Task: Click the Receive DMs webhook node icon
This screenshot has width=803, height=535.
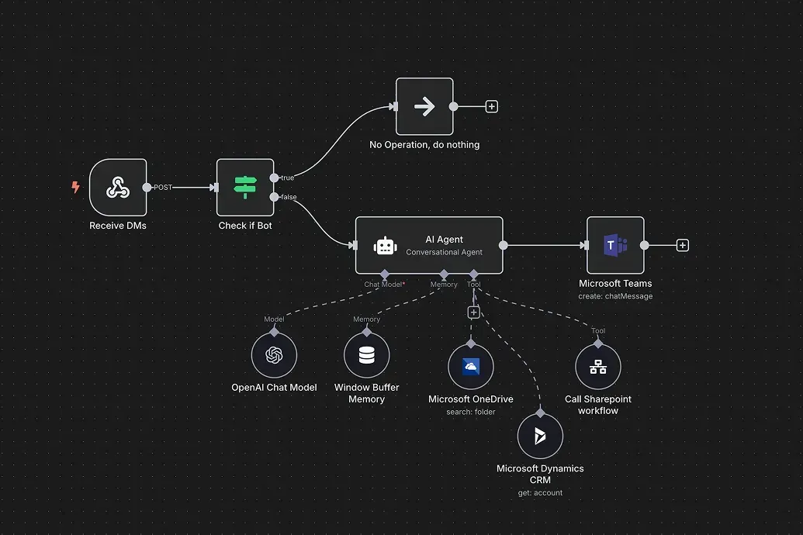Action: click(x=118, y=187)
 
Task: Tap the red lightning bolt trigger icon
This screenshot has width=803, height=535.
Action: click(x=75, y=187)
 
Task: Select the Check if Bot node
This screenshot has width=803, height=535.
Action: click(x=245, y=187)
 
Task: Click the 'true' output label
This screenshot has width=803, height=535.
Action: click(x=288, y=178)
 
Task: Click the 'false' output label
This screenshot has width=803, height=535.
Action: click(x=289, y=197)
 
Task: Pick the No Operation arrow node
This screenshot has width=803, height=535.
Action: click(x=424, y=106)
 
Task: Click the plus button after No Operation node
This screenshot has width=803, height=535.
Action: click(x=491, y=106)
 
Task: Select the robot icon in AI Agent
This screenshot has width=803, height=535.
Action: click(x=385, y=246)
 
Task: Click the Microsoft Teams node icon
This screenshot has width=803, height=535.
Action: click(x=615, y=246)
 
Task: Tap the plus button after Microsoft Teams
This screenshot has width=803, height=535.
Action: click(x=683, y=246)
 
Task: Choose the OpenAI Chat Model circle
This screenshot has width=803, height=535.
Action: click(x=274, y=355)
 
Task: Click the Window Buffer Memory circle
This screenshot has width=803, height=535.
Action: click(x=366, y=355)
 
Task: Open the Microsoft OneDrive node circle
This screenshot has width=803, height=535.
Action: click(x=471, y=367)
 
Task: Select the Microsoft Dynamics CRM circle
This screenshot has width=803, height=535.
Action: click(x=540, y=436)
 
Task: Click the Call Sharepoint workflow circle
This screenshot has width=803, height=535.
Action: click(x=598, y=367)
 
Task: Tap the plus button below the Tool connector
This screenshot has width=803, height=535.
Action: click(x=473, y=312)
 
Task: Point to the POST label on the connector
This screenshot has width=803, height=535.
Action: click(x=163, y=188)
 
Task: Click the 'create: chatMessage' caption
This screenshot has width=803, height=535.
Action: click(x=615, y=296)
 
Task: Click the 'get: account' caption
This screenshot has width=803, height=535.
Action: click(x=540, y=492)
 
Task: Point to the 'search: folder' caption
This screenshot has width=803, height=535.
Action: click(x=471, y=412)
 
